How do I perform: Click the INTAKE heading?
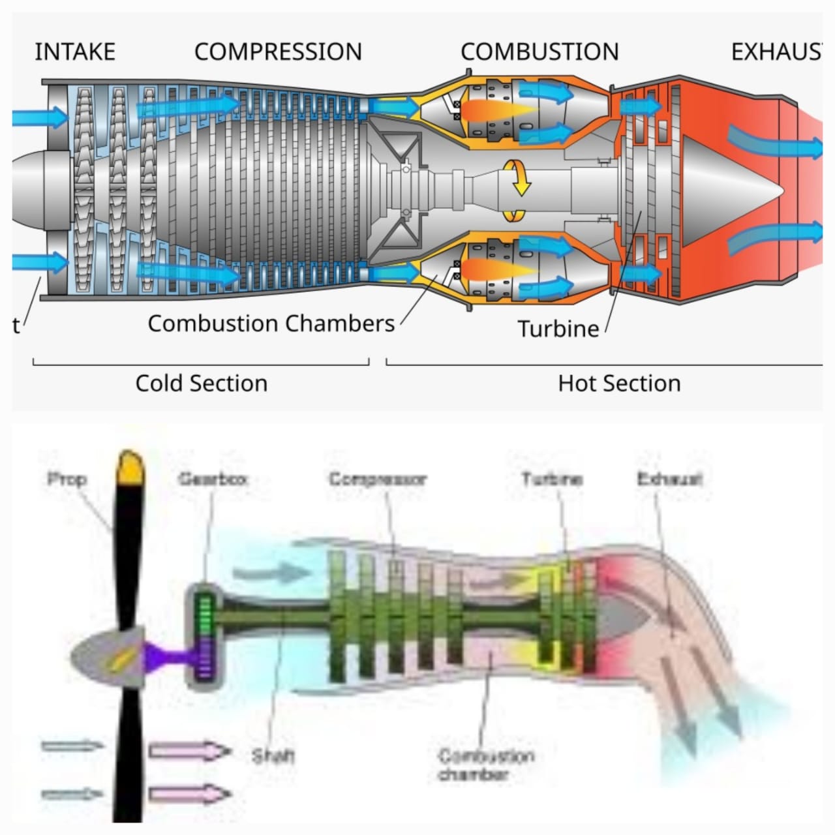click(x=74, y=52)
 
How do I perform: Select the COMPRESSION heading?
click(x=278, y=52)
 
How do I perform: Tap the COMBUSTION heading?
click(x=539, y=52)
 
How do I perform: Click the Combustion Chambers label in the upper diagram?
click(x=271, y=324)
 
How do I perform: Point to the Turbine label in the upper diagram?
click(x=558, y=329)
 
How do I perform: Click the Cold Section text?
click(x=201, y=384)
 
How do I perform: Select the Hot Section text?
click(x=619, y=384)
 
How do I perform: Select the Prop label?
click(x=67, y=479)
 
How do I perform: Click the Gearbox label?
click(x=213, y=479)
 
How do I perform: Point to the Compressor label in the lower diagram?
click(x=378, y=479)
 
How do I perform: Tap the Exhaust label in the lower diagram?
click(x=669, y=479)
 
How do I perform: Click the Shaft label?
click(x=273, y=756)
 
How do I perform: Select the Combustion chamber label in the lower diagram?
click(x=486, y=765)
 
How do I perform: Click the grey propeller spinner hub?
click(x=104, y=656)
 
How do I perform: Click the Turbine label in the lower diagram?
click(x=552, y=479)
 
